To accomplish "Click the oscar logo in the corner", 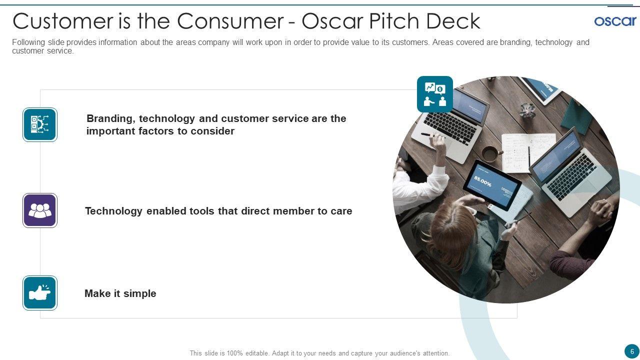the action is point(615,21).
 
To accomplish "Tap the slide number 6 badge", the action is point(632,351).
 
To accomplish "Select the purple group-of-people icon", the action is point(40,210).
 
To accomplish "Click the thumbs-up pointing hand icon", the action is point(40,293).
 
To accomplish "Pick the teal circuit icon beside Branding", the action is point(40,124).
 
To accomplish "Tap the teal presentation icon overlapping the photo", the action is point(435,94).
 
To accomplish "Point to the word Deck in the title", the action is point(453,21).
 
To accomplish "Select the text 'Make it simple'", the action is point(120,293).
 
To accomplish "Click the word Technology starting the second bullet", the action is point(113,211).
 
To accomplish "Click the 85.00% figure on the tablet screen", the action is point(483,181).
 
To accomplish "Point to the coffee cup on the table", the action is point(491,153).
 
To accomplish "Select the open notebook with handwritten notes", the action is point(528,153).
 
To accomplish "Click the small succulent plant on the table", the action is point(527,110).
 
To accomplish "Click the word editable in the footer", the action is point(257,353).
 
